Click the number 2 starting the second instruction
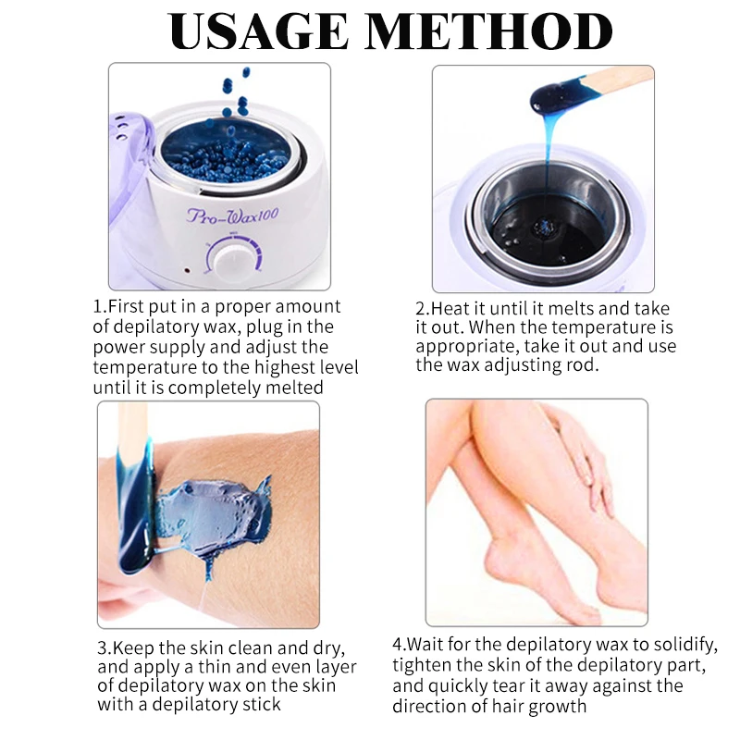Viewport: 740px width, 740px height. pos(420,308)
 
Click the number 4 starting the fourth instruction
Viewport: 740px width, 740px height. pos(398,644)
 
